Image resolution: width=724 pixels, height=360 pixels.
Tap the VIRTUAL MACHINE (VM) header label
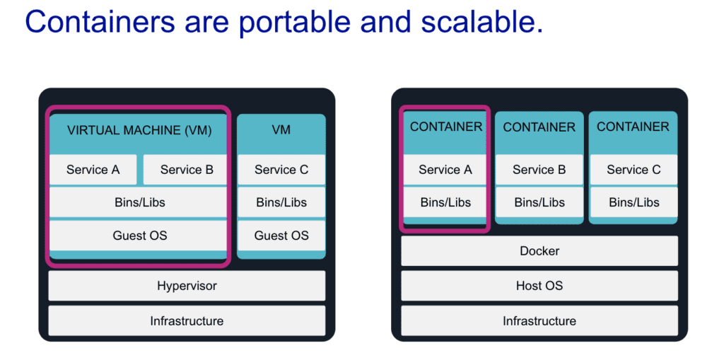pos(139,131)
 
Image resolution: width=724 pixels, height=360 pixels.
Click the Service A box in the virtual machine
pos(93,170)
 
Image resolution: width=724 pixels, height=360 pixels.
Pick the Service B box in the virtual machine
pos(186,170)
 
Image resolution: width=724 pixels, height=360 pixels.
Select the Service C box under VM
pos(281,170)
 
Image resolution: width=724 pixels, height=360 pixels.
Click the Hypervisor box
pos(187,286)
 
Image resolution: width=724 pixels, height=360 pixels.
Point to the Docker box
pos(539,251)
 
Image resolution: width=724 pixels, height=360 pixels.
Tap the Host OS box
pos(539,286)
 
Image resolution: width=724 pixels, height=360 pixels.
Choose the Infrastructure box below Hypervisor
pos(187,321)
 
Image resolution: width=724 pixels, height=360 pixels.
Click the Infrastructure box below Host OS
pos(539,321)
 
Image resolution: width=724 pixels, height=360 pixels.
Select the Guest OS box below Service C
pos(281,236)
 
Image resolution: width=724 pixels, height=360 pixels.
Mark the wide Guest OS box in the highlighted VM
pos(139,236)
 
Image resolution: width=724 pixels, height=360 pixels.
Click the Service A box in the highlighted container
pos(445,170)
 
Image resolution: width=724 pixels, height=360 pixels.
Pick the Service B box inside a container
pos(539,170)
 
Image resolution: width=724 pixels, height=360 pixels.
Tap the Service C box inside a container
pos(633,170)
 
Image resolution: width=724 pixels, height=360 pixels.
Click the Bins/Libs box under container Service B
pos(539,202)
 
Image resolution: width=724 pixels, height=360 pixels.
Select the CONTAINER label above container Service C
pos(633,127)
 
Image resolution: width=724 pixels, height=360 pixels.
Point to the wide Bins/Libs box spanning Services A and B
pos(139,202)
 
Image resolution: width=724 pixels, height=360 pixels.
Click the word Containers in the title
pos(99,22)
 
